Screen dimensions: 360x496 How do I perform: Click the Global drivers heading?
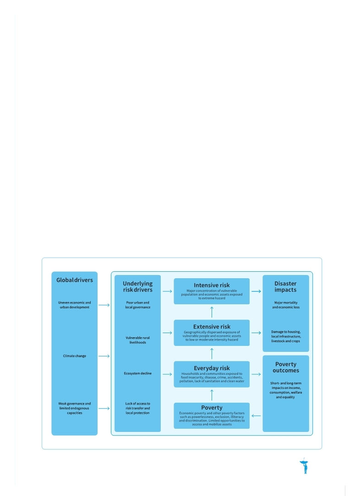pos(74,280)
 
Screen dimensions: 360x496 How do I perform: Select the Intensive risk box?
pos(212,291)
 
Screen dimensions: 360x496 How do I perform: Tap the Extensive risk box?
pos(212,333)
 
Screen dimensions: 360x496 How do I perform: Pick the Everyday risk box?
pos(212,374)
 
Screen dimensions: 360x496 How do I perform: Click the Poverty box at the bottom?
pos(212,415)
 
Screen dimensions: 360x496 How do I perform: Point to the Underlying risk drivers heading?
pos(138,286)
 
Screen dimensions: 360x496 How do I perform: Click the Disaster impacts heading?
pos(286,286)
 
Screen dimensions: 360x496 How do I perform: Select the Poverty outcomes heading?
pos(286,367)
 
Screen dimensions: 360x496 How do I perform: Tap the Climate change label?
pos(74,356)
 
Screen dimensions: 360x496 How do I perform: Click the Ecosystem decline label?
pos(138,373)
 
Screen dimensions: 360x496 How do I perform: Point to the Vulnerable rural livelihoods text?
pos(138,340)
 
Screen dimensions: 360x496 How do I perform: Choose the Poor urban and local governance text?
pos(138,305)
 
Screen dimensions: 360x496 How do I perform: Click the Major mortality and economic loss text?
pos(286,305)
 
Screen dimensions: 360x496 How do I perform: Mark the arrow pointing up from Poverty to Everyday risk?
pos(212,395)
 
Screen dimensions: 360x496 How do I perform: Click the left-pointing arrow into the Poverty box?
pos(256,415)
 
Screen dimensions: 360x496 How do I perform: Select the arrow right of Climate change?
pos(104,356)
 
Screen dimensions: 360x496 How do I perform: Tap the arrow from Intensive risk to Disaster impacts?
pos(256,291)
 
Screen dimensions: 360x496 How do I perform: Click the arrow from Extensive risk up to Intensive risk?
pos(212,312)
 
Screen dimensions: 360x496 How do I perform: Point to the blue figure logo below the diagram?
pos(305,466)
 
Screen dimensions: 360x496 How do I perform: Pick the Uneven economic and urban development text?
pos(74,305)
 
